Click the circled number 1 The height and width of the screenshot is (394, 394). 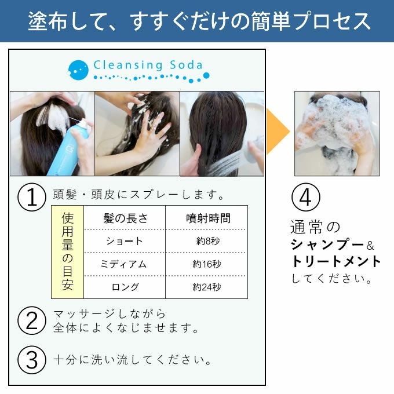pos(32,197)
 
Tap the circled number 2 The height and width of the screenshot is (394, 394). pos(32,320)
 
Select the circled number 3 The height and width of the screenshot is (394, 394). pos(32,360)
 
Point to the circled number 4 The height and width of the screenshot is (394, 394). pos(306,197)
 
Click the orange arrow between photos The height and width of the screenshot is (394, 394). pos(278,132)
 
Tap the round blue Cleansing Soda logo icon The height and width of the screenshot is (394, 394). pos(78,70)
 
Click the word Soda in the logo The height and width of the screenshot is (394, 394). pos(186,65)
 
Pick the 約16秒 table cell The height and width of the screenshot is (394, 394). pos(206,264)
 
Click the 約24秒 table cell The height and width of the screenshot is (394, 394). pos(206,287)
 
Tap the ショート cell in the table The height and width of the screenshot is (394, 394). pos(125,241)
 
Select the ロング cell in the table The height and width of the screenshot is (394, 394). pos(125,287)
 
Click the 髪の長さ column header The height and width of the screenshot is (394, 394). pos(125,218)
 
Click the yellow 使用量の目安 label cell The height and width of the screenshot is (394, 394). pos(67,252)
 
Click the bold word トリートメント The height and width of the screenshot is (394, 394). pos(335,261)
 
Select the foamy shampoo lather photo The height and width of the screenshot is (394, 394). pos(337,133)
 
